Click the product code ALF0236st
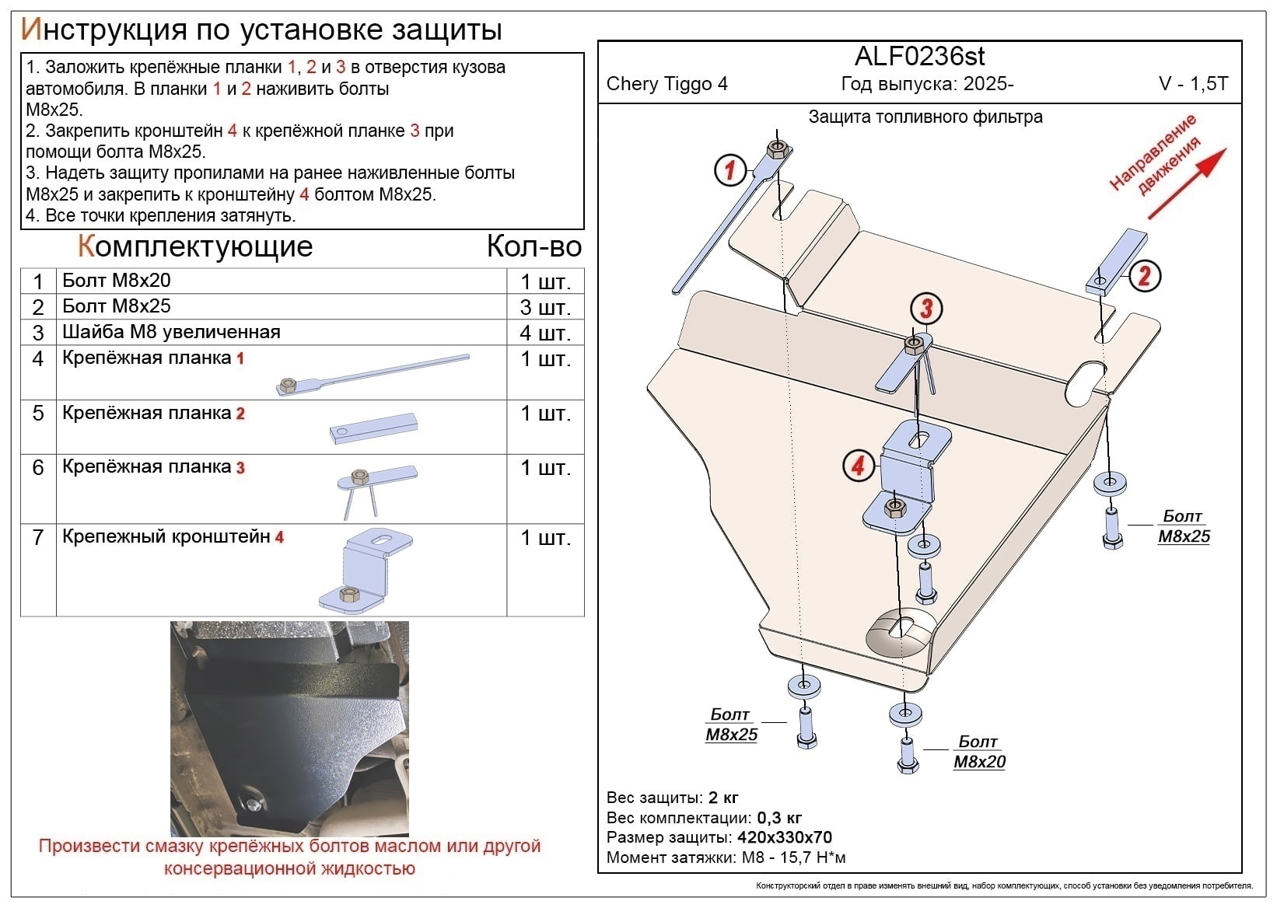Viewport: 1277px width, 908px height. pyautogui.click(x=919, y=57)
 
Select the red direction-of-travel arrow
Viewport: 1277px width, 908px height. pyautogui.click(x=1187, y=183)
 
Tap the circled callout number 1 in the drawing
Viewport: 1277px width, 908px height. pyautogui.click(x=729, y=169)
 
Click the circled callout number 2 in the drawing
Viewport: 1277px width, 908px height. pyautogui.click(x=1143, y=275)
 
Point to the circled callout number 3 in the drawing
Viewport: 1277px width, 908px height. pyautogui.click(x=925, y=308)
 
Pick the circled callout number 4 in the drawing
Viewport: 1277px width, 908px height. pyautogui.click(x=858, y=466)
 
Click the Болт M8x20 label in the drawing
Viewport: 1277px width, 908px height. pyautogui.click(x=979, y=752)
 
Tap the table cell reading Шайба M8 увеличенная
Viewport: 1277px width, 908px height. pyautogui.click(x=171, y=332)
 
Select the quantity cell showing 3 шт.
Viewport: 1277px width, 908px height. pyautogui.click(x=545, y=307)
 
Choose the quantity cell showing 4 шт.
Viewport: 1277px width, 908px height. pyautogui.click(x=545, y=333)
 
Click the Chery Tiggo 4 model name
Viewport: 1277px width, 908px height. pyautogui.click(x=666, y=84)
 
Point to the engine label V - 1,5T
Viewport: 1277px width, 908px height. pyautogui.click(x=1193, y=84)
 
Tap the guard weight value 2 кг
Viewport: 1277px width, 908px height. pyautogui.click(x=723, y=798)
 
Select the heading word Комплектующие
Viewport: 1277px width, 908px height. pyautogui.click(x=195, y=246)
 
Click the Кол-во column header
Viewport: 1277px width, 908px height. pyautogui.click(x=534, y=246)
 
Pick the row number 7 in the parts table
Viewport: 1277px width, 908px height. pyautogui.click(x=38, y=537)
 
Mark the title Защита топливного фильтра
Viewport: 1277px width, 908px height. pyautogui.click(x=925, y=117)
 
